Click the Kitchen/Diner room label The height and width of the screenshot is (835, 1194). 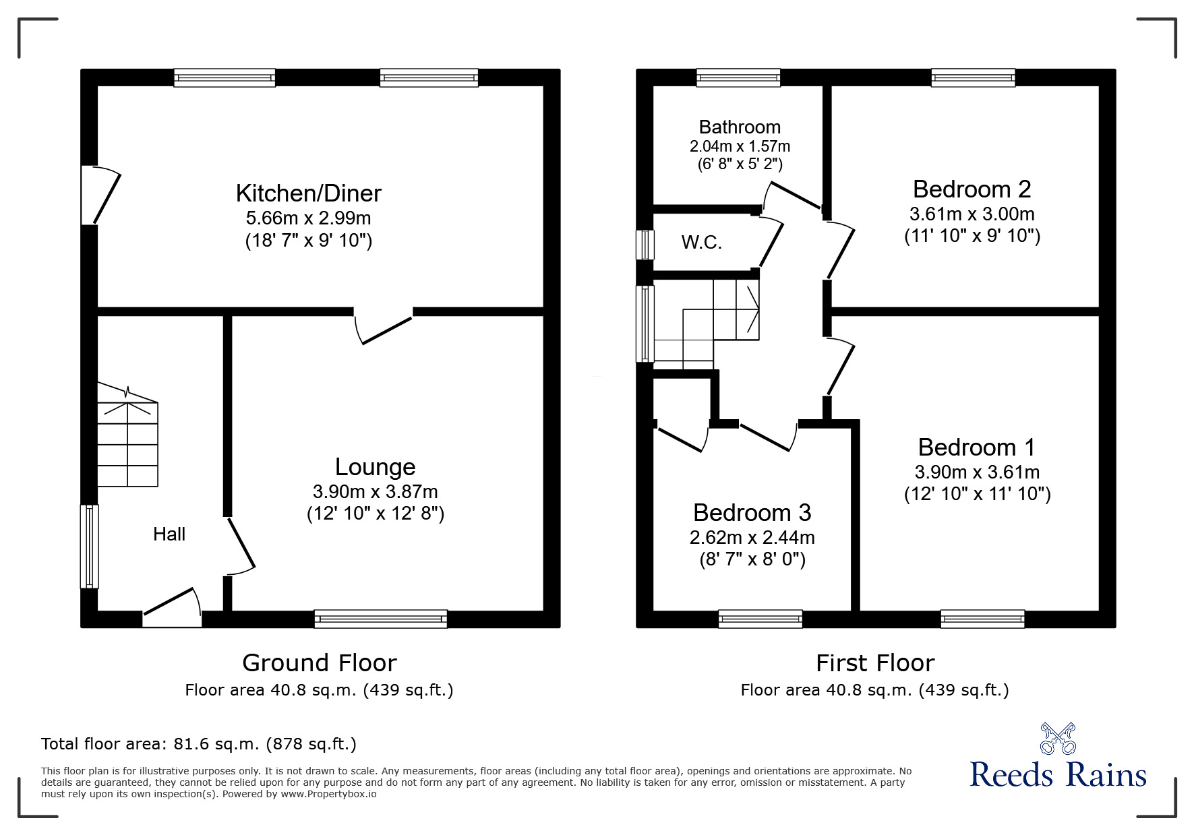[x=308, y=193]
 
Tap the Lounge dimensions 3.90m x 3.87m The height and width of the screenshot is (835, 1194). [x=375, y=492]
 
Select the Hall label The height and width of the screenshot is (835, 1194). [x=169, y=534]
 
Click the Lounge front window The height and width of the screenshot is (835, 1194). [x=380, y=619]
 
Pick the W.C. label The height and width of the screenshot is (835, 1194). [x=701, y=243]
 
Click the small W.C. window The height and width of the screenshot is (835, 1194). [x=645, y=245]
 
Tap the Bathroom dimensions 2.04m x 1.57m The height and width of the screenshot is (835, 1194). [x=740, y=146]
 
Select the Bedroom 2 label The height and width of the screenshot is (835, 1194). [x=972, y=189]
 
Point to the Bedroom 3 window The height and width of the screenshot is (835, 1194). [x=760, y=619]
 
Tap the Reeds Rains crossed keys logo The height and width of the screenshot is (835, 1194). [x=1057, y=738]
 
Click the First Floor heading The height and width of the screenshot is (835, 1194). [x=874, y=663]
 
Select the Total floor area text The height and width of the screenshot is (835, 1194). [x=199, y=744]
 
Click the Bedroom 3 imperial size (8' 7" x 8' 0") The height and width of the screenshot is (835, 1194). [x=752, y=559]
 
